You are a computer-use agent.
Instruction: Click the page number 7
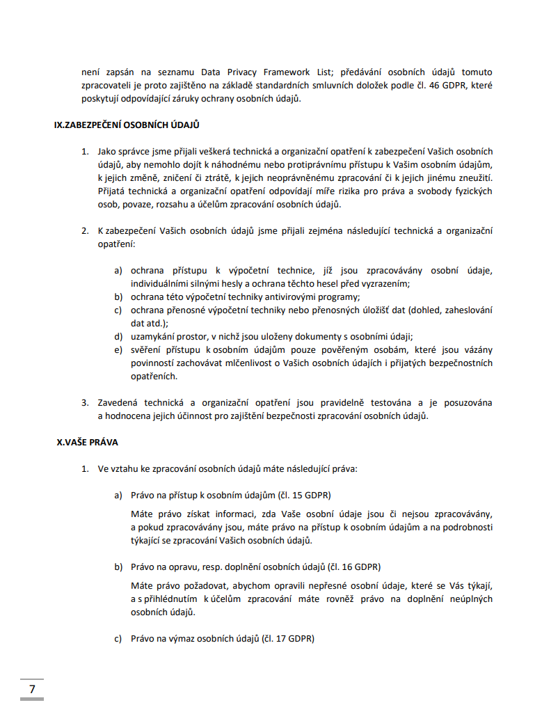(32, 689)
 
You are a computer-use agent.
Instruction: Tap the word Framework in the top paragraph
(276, 72)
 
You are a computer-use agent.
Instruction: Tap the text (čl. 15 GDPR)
(305, 496)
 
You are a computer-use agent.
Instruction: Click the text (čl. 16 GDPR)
(354, 566)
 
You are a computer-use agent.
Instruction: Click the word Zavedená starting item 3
(122, 402)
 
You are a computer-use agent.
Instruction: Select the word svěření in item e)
(148, 349)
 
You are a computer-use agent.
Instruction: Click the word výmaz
(180, 637)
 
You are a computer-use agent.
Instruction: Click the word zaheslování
(465, 310)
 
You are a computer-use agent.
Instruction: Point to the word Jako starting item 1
(107, 151)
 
